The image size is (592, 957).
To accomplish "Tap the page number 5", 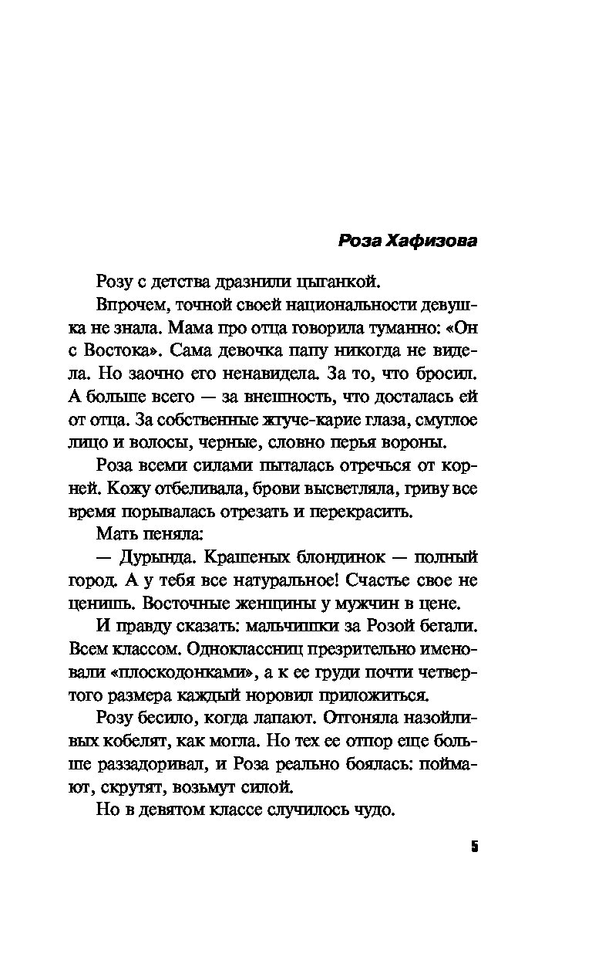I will coord(474,847).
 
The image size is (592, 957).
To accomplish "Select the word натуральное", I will coord(292,580).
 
